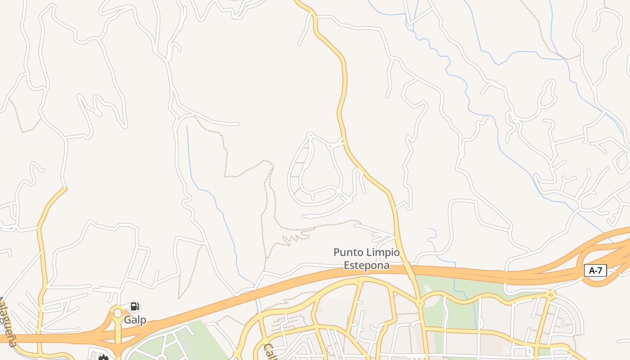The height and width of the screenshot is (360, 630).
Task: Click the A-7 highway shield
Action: coord(595,270)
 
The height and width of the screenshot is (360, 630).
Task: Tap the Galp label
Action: coord(135,320)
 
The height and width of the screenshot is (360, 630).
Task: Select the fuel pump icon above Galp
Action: coord(135,307)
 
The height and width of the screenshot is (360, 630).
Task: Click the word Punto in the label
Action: coord(347,253)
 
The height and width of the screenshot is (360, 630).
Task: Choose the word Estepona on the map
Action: coord(366,265)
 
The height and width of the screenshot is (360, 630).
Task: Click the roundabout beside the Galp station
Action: coord(118,312)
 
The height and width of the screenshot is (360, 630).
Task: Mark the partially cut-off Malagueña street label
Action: coord(8,321)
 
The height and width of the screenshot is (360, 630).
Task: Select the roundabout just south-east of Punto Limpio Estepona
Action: coord(420,304)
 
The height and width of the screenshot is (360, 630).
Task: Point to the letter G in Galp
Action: coord(128,320)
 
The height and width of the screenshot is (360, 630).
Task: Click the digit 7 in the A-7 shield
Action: coord(600,270)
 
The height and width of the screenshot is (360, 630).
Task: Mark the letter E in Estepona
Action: coord(347,265)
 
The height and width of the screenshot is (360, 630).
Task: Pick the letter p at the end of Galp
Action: coord(143,321)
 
